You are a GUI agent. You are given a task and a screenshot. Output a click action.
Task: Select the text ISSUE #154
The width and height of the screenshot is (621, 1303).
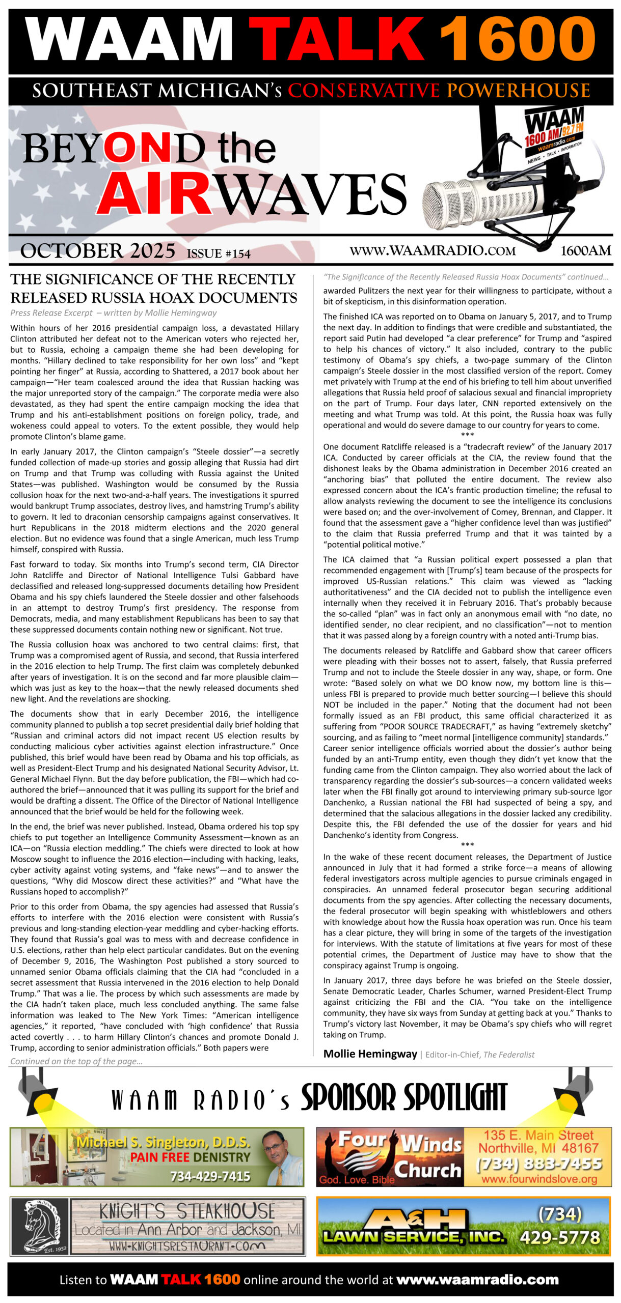(x=219, y=253)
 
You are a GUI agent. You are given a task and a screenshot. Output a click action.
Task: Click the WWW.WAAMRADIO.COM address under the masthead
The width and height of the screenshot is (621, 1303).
(x=433, y=251)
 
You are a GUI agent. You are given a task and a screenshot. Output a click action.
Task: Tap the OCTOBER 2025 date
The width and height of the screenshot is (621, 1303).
(x=98, y=251)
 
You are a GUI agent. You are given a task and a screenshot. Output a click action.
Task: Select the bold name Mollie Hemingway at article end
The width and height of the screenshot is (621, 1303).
(x=370, y=1054)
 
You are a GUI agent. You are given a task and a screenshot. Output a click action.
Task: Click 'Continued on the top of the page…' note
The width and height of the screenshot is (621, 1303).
(x=76, y=1061)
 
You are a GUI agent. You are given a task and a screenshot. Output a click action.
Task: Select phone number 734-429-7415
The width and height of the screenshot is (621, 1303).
(x=210, y=1176)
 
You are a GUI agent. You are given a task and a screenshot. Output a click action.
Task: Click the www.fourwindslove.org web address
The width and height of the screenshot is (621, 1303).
(x=539, y=1179)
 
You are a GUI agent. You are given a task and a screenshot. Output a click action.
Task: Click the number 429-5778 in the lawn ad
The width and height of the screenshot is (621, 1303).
(x=560, y=1237)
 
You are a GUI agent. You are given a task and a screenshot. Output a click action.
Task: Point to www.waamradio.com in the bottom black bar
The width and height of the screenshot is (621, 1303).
(x=477, y=1280)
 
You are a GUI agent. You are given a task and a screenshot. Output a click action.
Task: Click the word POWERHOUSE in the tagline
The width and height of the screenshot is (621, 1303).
(x=519, y=91)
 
